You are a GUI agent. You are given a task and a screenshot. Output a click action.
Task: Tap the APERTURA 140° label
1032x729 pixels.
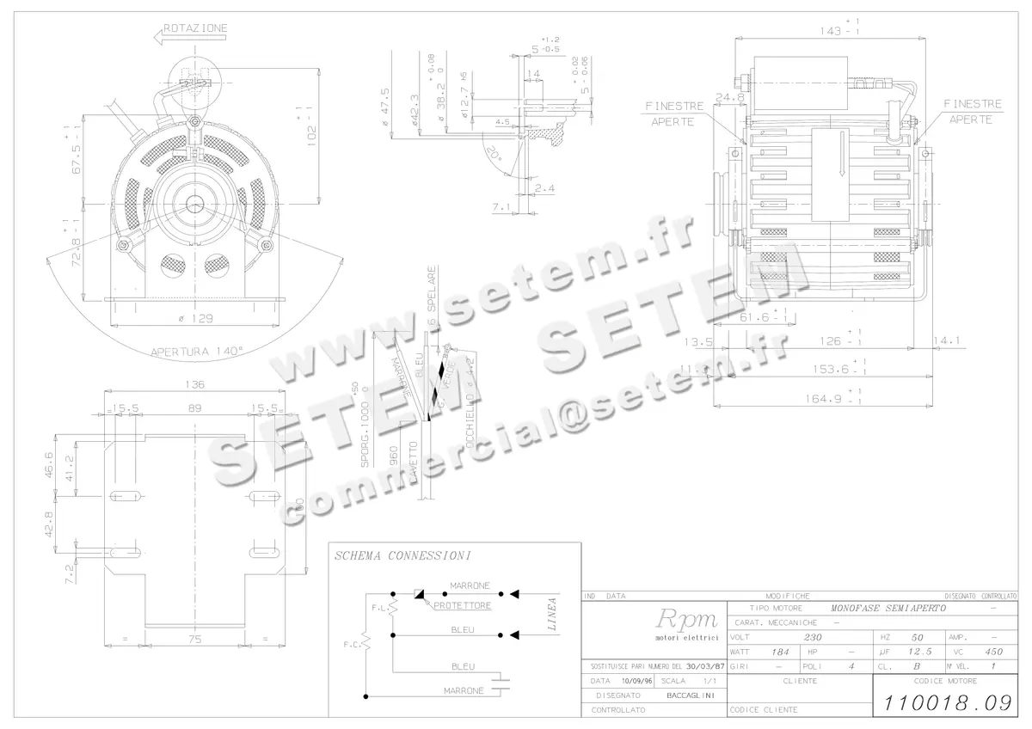pyautogui.click(x=197, y=351)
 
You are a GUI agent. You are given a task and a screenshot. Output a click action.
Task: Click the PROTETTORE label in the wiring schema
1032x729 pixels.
pyautogui.click(x=463, y=605)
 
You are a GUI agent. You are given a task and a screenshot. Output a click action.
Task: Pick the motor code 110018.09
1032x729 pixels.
pyautogui.click(x=944, y=702)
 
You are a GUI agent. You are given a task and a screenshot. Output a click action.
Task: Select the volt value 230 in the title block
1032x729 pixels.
pyautogui.click(x=813, y=638)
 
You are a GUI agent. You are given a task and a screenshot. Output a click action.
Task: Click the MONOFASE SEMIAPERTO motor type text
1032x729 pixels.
pyautogui.click(x=888, y=608)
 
